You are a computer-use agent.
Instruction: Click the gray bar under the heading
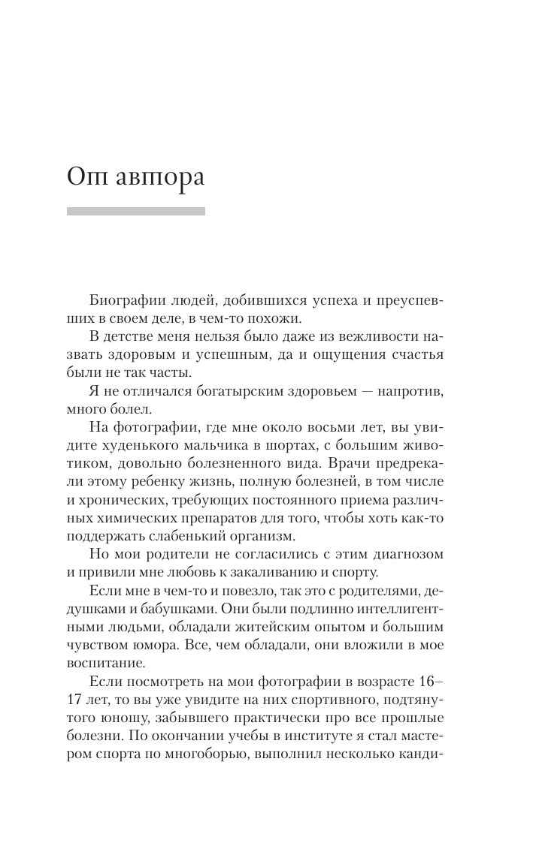tap(135, 212)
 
